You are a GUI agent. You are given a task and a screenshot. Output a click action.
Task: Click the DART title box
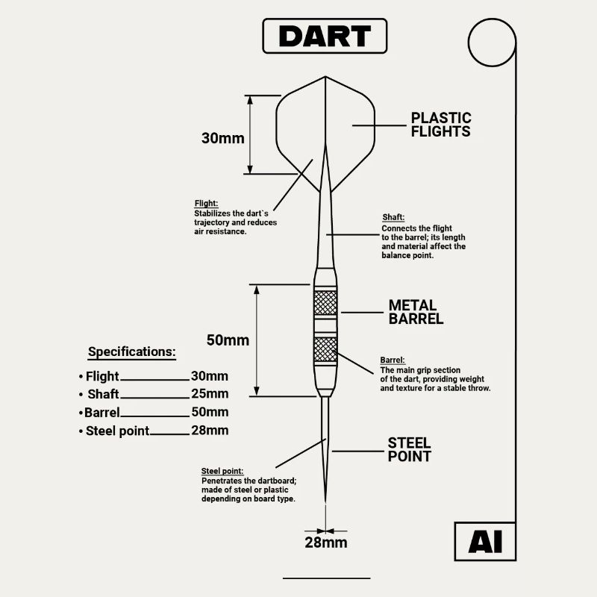pyautogui.click(x=325, y=36)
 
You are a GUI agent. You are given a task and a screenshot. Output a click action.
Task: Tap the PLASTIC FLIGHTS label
pyautogui.click(x=441, y=125)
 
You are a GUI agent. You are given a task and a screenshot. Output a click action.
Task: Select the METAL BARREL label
pyautogui.click(x=416, y=312)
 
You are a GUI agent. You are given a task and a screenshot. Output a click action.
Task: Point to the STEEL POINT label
pyautogui.click(x=410, y=449)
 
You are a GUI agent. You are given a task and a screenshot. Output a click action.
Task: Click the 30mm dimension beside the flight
pyautogui.click(x=222, y=138)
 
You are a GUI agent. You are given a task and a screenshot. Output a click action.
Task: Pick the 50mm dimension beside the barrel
pyautogui.click(x=228, y=340)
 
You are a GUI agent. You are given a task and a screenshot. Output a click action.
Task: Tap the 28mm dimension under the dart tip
pyautogui.click(x=325, y=543)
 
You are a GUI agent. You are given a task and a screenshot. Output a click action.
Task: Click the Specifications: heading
pyautogui.click(x=132, y=351)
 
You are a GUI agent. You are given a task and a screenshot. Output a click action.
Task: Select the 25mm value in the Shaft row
pyautogui.click(x=210, y=394)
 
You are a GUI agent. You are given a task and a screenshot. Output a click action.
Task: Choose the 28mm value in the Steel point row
pyautogui.click(x=210, y=431)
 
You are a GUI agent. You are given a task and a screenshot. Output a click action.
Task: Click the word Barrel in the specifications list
pyautogui.click(x=101, y=413)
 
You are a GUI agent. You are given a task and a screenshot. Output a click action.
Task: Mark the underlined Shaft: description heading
pyautogui.click(x=393, y=218)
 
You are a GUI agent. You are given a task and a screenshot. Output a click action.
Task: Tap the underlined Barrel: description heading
pyautogui.click(x=393, y=360)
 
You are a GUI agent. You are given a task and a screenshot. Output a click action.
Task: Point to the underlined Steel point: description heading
pyautogui.click(x=222, y=471)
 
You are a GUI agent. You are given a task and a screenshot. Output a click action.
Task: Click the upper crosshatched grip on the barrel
pyautogui.click(x=325, y=302)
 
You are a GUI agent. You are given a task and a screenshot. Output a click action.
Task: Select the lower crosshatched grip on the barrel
pyautogui.click(x=325, y=349)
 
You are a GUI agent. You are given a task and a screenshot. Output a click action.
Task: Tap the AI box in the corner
pyautogui.click(x=485, y=542)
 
